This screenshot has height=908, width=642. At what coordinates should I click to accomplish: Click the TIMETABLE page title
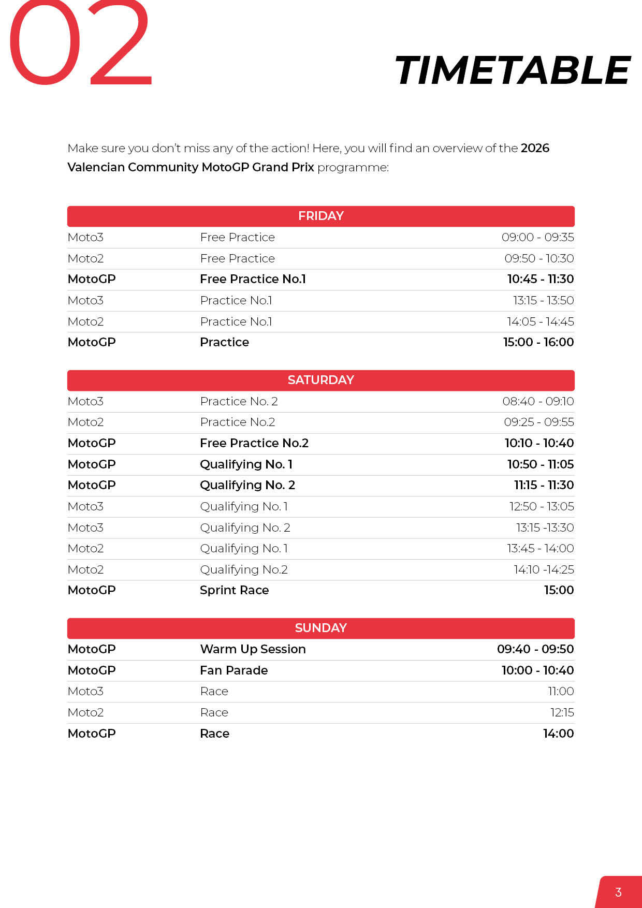click(512, 71)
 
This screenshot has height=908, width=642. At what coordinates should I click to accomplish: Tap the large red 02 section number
click(80, 44)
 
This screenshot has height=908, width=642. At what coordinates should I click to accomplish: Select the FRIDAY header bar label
click(320, 216)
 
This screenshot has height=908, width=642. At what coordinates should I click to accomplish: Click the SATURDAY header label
click(320, 380)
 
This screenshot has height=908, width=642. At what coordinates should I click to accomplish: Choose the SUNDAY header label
click(320, 628)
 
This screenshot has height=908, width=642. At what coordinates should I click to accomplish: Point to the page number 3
click(618, 892)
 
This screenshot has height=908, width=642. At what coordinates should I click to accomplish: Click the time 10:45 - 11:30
click(540, 279)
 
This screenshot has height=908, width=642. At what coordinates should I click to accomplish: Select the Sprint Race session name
click(234, 590)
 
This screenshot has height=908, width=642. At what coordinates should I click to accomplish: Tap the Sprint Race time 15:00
click(559, 590)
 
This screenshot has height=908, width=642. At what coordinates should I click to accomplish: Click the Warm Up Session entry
click(253, 649)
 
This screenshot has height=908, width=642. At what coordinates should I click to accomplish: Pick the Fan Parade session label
click(234, 670)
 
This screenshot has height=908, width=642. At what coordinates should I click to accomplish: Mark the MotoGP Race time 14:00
click(558, 734)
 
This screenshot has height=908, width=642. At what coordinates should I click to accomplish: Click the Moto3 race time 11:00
click(561, 691)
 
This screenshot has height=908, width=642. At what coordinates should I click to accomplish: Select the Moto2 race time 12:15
click(562, 712)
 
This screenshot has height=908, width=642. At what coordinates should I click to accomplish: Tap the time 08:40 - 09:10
click(538, 401)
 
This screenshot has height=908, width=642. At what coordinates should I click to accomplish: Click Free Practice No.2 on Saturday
click(254, 443)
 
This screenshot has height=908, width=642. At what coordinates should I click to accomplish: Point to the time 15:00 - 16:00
click(538, 342)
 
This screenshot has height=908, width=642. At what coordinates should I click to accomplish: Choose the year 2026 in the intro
click(535, 148)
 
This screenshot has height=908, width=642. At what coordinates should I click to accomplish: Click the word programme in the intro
click(352, 167)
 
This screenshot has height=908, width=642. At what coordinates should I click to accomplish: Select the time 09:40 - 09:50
click(535, 649)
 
